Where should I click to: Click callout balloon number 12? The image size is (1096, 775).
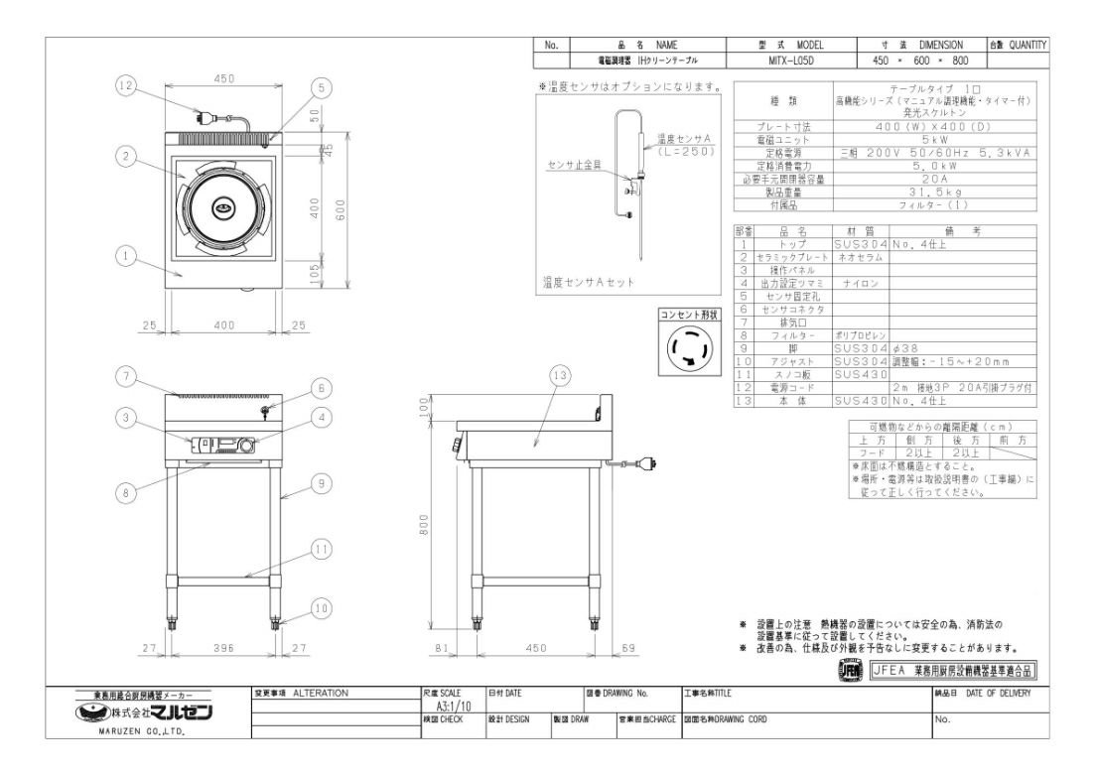pyautogui.click(x=124, y=87)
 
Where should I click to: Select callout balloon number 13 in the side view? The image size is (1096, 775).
pyautogui.click(x=562, y=375)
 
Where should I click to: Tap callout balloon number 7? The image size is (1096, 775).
pyautogui.click(x=124, y=375)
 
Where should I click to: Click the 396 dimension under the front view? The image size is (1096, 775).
pyautogui.click(x=223, y=648)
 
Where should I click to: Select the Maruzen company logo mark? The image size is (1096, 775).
pyautogui.click(x=94, y=713)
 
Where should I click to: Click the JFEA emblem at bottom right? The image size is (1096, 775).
pyautogui.click(x=851, y=671)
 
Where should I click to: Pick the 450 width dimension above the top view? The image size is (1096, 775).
pyautogui.click(x=223, y=79)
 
